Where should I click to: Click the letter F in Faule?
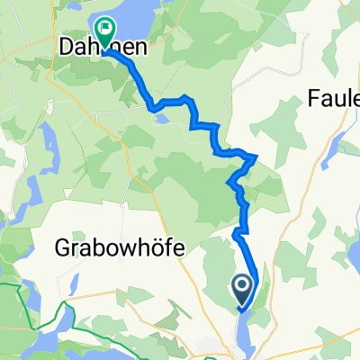pyautogui.click(x=314, y=96)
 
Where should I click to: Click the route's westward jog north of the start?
pyautogui.click(x=237, y=234)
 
